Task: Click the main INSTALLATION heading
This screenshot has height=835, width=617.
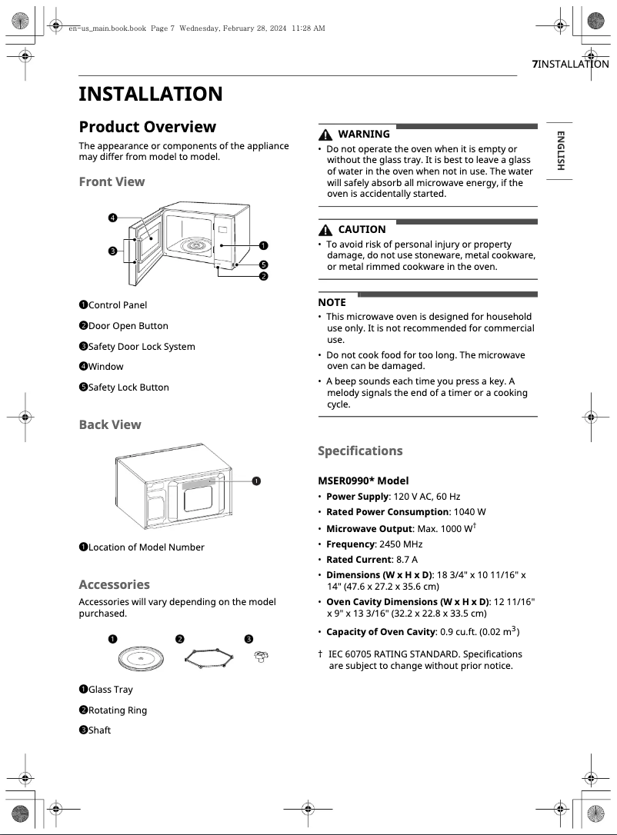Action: click(150, 94)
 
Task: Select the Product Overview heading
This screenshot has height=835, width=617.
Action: click(147, 127)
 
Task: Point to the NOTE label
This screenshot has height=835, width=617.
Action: click(332, 302)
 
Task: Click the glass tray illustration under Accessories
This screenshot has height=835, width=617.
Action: click(141, 659)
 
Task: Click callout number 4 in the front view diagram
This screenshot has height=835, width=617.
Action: click(113, 218)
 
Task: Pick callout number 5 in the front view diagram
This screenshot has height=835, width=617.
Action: click(263, 264)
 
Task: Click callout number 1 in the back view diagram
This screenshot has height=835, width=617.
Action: click(256, 481)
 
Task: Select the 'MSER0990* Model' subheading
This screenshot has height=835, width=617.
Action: click(363, 481)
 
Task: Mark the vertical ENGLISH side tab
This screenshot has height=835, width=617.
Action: click(560, 151)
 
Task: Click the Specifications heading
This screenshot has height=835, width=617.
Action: click(360, 451)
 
